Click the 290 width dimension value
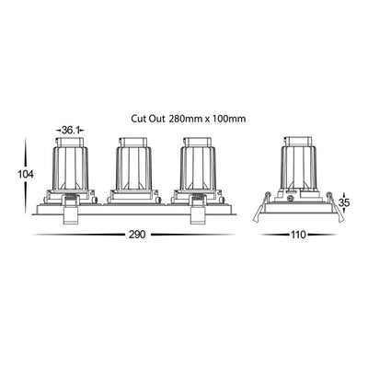136,235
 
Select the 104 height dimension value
25,175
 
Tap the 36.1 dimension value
70,131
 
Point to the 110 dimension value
298,235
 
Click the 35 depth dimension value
344,202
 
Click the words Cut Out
149,119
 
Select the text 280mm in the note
186,119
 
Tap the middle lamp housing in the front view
133,168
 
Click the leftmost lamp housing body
71,168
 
